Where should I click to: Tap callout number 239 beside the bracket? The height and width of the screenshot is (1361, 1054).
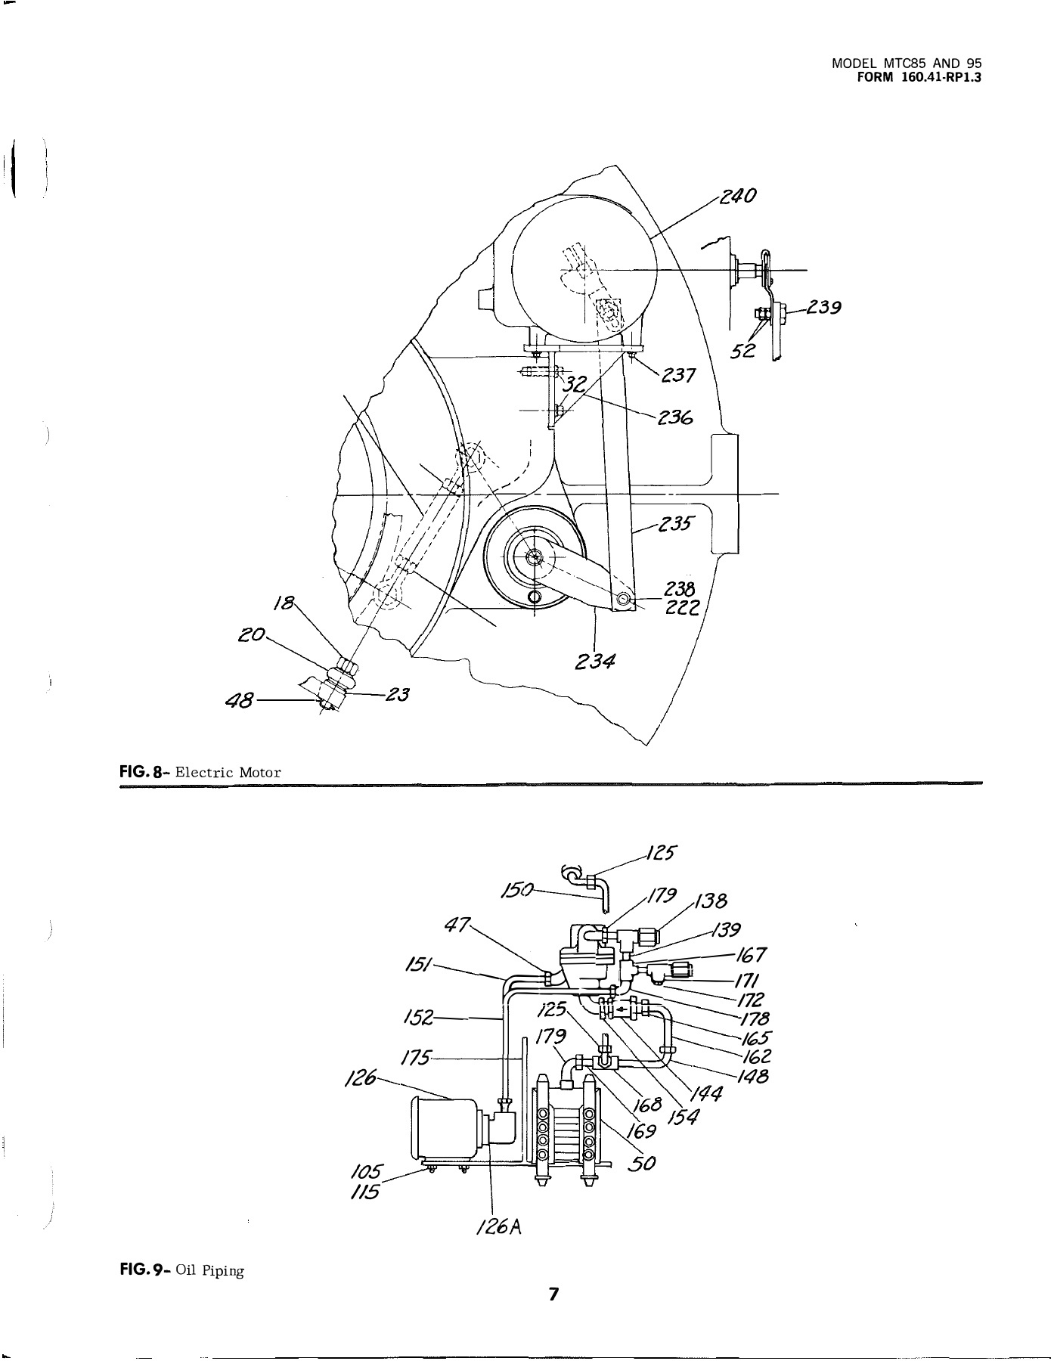[823, 308]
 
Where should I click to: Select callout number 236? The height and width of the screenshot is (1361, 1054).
[676, 418]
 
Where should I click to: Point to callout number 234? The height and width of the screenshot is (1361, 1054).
[594, 662]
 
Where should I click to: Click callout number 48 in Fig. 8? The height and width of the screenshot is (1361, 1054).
[240, 702]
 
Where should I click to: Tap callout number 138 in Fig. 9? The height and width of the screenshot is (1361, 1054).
[711, 901]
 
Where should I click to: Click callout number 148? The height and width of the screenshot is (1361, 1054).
[753, 1076]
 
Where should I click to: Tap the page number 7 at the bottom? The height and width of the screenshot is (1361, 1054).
[553, 1294]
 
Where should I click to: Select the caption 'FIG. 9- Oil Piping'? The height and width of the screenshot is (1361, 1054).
[182, 1271]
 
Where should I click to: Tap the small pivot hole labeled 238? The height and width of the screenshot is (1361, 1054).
[623, 600]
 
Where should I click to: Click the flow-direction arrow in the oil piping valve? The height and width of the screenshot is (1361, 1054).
[622, 1008]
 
